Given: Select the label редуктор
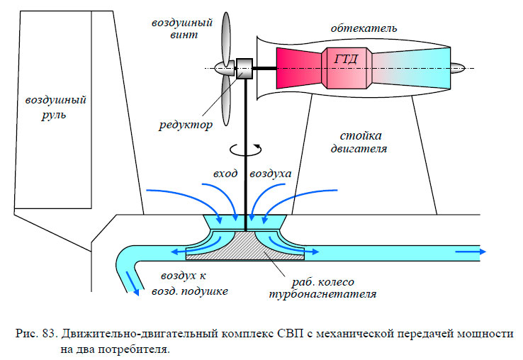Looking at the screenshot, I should (185, 126).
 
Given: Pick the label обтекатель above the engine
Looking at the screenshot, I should (364, 28).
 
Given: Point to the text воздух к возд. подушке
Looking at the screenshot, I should (189, 282).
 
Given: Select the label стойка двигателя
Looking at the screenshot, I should (356, 142).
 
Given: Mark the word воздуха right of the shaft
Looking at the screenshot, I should (270, 174).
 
